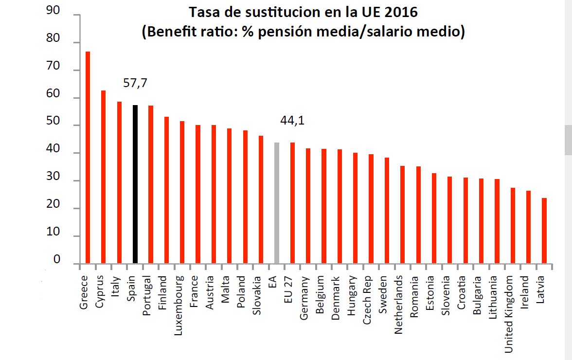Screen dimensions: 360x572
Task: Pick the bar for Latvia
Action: (x=544, y=231)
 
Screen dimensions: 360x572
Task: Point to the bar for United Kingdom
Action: (x=513, y=226)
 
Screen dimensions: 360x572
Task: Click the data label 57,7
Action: (x=135, y=84)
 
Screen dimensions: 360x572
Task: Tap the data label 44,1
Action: (x=292, y=121)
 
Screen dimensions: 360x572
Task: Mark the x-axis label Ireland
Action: (x=524, y=290)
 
